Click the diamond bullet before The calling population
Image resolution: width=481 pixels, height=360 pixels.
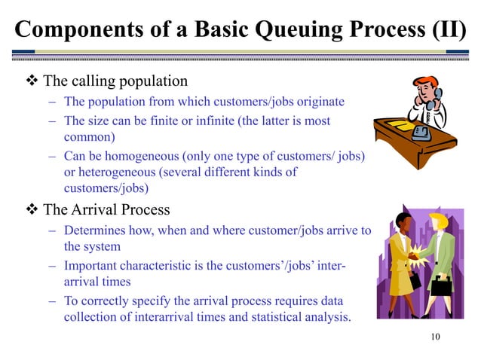(x=32, y=80)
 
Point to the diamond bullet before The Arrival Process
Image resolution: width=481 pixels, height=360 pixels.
(x=32, y=209)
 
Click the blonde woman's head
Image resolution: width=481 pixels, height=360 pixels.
(x=437, y=223)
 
